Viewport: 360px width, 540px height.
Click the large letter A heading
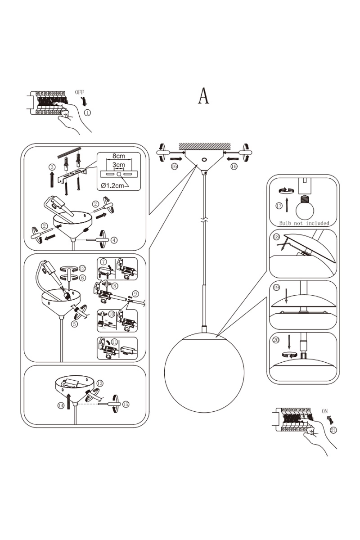click(204, 95)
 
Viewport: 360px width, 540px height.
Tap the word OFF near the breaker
click(80, 92)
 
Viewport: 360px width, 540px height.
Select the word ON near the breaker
click(325, 411)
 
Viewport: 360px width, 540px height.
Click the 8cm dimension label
click(119, 156)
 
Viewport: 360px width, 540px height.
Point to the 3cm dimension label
click(119, 165)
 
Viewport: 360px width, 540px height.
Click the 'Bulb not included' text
click(304, 223)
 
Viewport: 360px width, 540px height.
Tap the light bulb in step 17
click(304, 207)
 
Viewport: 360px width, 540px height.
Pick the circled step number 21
click(333, 430)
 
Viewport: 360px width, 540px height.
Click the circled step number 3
click(52, 167)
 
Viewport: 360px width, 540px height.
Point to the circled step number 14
click(61, 405)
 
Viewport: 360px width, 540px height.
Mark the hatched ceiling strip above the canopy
click(204, 146)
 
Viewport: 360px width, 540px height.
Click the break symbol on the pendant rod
click(205, 221)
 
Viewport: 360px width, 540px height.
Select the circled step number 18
click(276, 237)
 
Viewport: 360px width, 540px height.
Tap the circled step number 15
click(126, 404)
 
